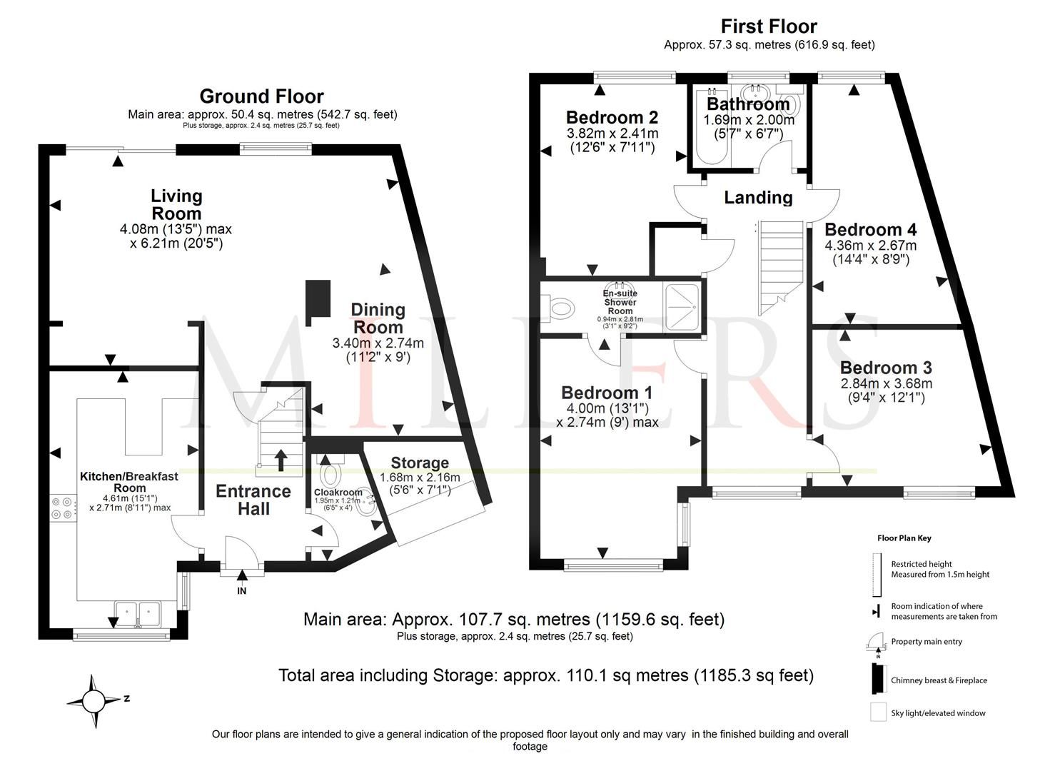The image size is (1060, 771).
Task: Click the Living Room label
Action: tap(176, 205)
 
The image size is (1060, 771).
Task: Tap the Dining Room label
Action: tap(378, 318)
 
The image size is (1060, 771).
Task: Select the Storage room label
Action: tap(420, 463)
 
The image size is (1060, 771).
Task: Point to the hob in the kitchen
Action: tap(62, 506)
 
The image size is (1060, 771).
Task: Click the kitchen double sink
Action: tap(138, 612)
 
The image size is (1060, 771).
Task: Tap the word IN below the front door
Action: tap(242, 591)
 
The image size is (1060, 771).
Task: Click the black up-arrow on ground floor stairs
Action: tap(281, 460)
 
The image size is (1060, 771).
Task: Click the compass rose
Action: tap(94, 702)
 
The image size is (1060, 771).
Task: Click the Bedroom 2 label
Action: tap(612, 118)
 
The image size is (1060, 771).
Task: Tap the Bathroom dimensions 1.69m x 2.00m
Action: tap(748, 121)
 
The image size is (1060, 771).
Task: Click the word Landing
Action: tap(758, 198)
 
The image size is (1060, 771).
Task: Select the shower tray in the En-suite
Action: tap(682, 306)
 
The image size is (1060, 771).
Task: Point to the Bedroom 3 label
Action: tap(886, 368)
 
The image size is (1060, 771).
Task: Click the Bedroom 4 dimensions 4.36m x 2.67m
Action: tap(871, 246)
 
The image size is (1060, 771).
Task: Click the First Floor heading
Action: tap(768, 26)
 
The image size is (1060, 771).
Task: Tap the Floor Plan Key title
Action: tap(904, 538)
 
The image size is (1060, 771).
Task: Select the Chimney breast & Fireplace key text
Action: tap(939, 680)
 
